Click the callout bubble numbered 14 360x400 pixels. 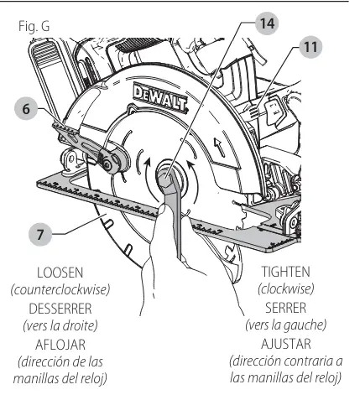pyautogui.click(x=267, y=23)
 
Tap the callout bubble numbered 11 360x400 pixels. pyautogui.click(x=310, y=47)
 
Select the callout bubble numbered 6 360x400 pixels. pyautogui.click(x=26, y=108)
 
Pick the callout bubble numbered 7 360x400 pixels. pyautogui.click(x=40, y=234)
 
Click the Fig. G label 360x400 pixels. pyautogui.click(x=34, y=26)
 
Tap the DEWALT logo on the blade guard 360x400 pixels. pyautogui.click(x=160, y=98)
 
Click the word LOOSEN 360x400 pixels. pyautogui.click(x=60, y=273)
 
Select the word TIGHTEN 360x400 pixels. pyautogui.click(x=285, y=272)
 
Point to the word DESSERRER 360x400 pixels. pyautogui.click(x=60, y=309)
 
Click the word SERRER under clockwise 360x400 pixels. pyautogui.click(x=285, y=308)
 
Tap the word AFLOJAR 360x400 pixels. pyautogui.click(x=60, y=345)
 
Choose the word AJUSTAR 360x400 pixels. pyautogui.click(x=286, y=344)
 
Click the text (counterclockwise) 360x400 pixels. pyautogui.click(x=60, y=290)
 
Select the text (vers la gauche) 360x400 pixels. pyautogui.click(x=286, y=325)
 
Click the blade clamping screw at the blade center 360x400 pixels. pyautogui.click(x=165, y=176)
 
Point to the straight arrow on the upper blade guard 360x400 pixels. pyautogui.click(x=220, y=147)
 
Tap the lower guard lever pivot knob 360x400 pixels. pyautogui.click(x=107, y=165)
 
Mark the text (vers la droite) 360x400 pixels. pyautogui.click(x=60, y=326)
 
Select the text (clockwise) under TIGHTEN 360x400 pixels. pyautogui.click(x=285, y=289)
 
